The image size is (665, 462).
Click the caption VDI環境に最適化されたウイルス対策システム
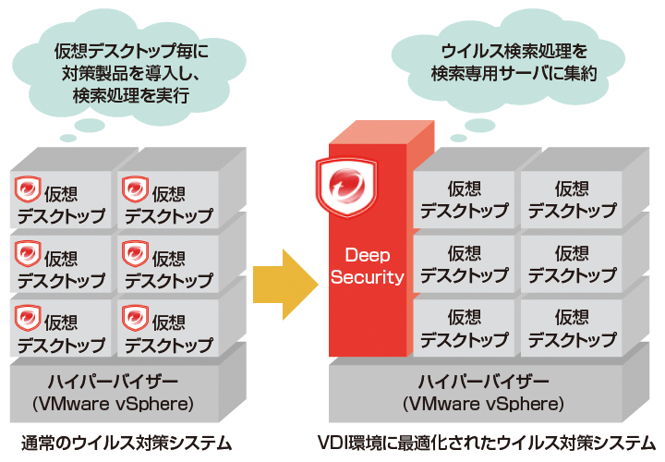point(488,444)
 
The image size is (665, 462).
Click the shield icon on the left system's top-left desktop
point(27,192)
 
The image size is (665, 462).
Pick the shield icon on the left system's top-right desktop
point(135,192)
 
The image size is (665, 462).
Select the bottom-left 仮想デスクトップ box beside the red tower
point(464,328)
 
